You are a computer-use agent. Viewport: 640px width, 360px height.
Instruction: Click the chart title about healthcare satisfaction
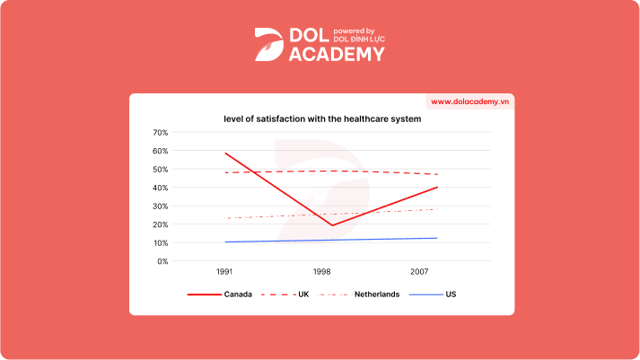click(322, 119)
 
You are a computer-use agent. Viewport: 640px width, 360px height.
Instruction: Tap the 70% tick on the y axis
click(161, 133)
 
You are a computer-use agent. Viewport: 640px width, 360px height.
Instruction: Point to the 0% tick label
click(162, 261)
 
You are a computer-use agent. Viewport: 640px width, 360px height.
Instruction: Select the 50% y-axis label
click(161, 170)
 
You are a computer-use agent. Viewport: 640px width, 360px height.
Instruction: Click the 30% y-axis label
click(161, 206)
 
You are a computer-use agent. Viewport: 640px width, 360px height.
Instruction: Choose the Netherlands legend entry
click(377, 294)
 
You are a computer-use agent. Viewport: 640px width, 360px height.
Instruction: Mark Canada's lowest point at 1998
click(331, 225)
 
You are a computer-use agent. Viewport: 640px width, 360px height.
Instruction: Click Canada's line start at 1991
click(224, 154)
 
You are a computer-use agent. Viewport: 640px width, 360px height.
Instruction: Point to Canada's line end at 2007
click(437, 188)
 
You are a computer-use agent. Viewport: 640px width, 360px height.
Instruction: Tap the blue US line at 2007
click(437, 238)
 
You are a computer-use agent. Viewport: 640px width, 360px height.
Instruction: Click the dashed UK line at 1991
click(224, 172)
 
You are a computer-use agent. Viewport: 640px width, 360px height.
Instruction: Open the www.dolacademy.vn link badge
click(469, 102)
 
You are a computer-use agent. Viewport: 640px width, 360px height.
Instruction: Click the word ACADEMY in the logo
click(337, 54)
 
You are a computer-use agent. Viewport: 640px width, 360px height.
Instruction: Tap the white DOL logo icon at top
click(268, 45)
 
